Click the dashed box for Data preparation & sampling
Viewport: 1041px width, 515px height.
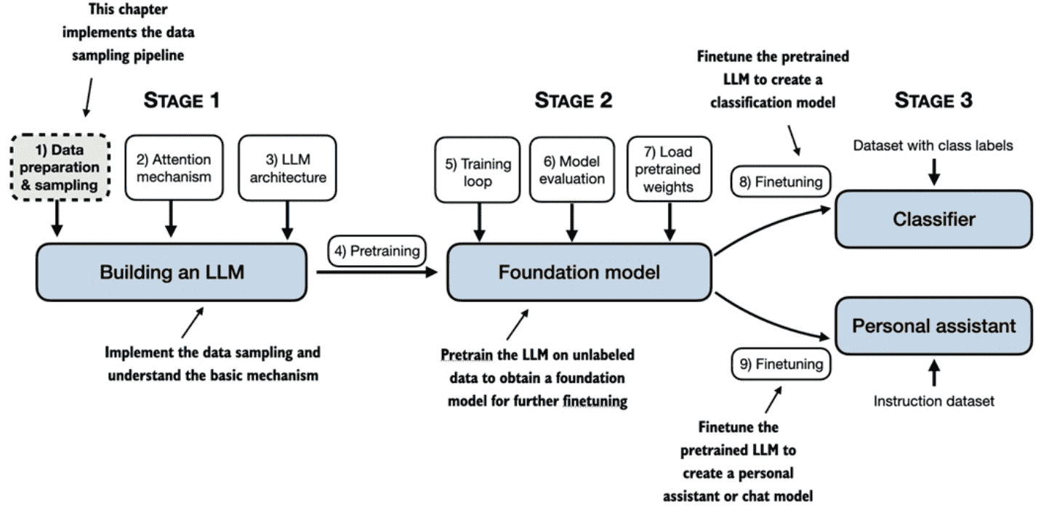tap(60, 167)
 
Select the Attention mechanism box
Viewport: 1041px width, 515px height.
tap(174, 168)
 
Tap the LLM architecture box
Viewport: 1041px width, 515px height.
tap(288, 168)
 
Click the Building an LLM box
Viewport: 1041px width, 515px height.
tap(172, 272)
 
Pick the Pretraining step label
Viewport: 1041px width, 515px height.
tap(377, 251)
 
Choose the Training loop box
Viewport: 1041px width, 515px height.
tap(478, 170)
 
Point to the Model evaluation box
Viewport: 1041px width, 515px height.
tap(572, 169)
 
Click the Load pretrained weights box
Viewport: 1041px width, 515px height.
tap(670, 169)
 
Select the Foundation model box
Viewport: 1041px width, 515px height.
tap(579, 272)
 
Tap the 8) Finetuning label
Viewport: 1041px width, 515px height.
tap(781, 182)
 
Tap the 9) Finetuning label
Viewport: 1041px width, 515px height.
tap(781, 364)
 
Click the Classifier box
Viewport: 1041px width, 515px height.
tap(933, 219)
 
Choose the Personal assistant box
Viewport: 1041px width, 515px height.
tap(933, 326)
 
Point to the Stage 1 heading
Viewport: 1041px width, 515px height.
tap(181, 100)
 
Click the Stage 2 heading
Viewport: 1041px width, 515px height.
tap(574, 100)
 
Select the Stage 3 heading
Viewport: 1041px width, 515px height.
tap(933, 100)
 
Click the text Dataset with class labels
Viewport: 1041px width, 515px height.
tap(933, 145)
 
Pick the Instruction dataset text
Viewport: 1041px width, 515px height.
tap(933, 401)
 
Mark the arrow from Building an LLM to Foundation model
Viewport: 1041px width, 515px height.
tap(377, 272)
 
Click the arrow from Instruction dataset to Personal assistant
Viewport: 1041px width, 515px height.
tap(934, 373)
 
